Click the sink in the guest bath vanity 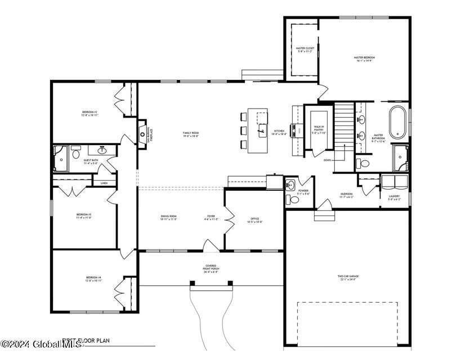click(x=102, y=150)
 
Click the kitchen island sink click(x=262, y=133)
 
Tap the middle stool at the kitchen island click(x=243, y=131)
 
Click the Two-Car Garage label click(x=348, y=277)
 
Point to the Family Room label click(x=191, y=134)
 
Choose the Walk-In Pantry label click(x=319, y=129)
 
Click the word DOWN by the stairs click(x=327, y=160)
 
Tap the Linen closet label click(x=104, y=183)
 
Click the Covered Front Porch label click(x=211, y=267)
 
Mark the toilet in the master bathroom click(x=364, y=164)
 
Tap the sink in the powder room click(x=290, y=185)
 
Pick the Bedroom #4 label click(x=93, y=278)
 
